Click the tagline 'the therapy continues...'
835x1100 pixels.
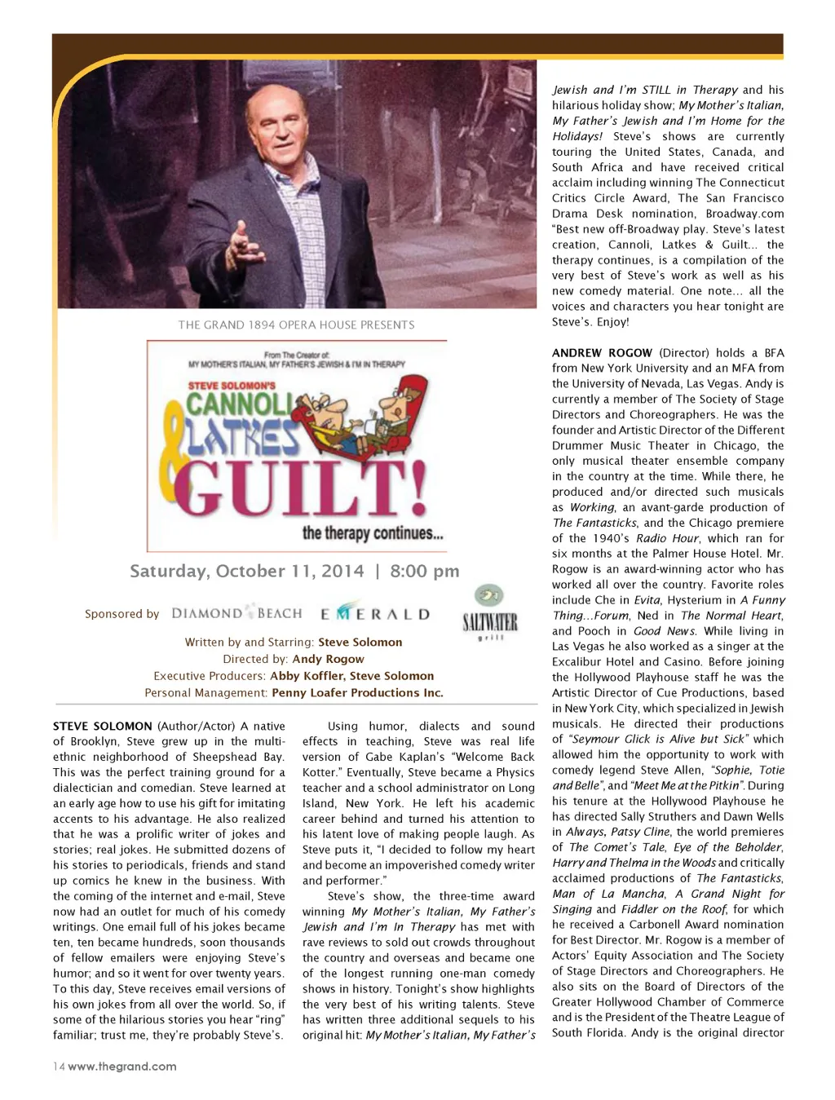(373, 533)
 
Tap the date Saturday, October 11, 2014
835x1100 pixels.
(247, 571)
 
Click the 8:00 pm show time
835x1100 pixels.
(424, 571)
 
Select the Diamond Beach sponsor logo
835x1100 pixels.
(236, 613)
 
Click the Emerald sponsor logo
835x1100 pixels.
(374, 613)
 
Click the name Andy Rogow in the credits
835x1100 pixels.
(328, 659)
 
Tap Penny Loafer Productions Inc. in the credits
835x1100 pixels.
(357, 693)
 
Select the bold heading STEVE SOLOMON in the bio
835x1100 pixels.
(103, 726)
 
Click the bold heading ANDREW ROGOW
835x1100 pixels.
(602, 353)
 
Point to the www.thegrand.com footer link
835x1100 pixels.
(122, 1067)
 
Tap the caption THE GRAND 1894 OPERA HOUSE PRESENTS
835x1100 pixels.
(296, 325)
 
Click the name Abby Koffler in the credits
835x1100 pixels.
(307, 676)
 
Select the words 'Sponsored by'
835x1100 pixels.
(121, 614)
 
